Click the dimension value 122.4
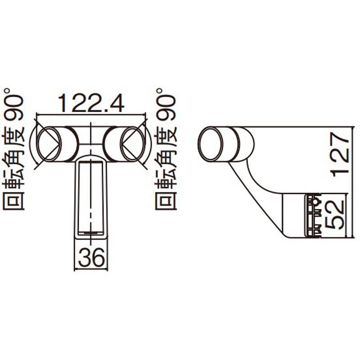coord(91,103)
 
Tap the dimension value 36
coord(91,257)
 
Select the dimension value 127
coord(340,154)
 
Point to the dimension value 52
coord(335,215)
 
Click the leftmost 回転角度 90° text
coord(13,149)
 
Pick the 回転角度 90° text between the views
coord(166,149)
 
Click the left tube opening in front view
coord(49,144)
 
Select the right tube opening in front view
coord(133,144)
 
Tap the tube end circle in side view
coord(210,144)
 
